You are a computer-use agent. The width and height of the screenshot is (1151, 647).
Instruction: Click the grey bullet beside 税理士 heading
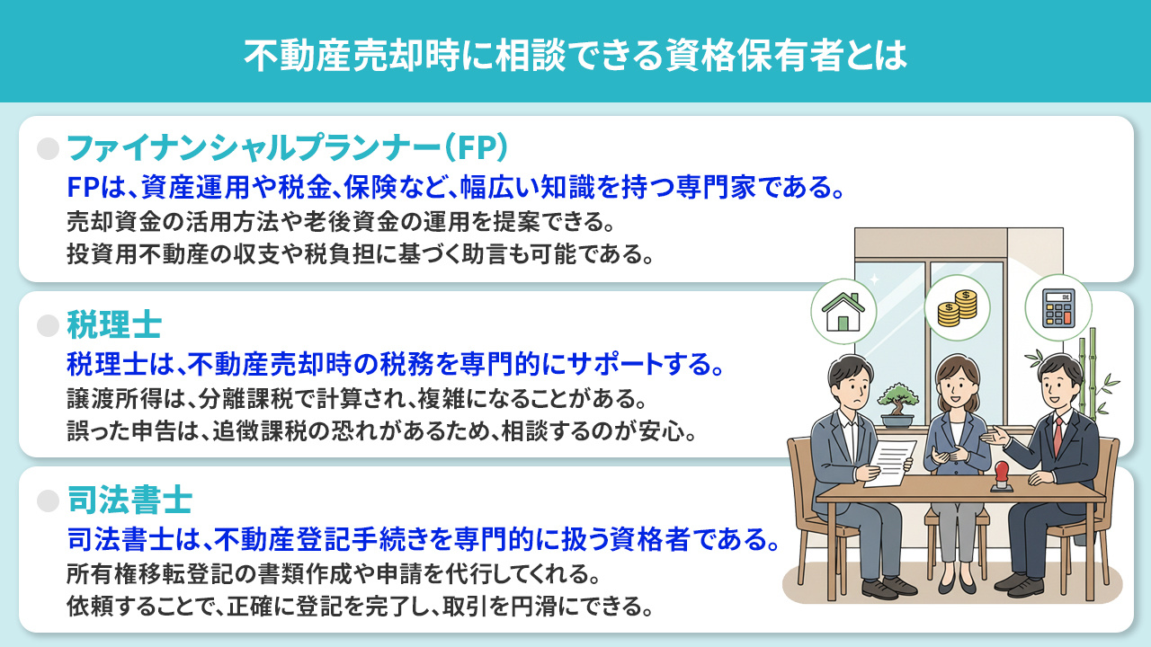[47, 324]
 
